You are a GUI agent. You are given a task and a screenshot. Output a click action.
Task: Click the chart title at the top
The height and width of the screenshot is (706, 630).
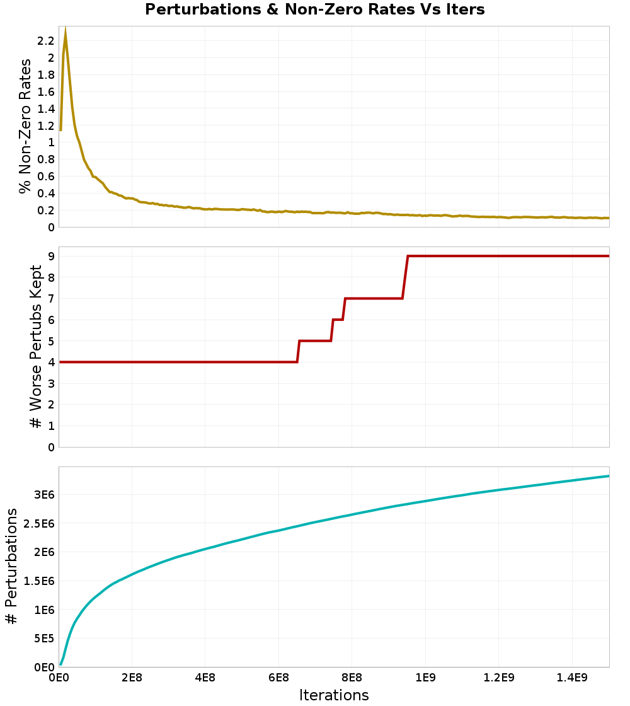[315, 10]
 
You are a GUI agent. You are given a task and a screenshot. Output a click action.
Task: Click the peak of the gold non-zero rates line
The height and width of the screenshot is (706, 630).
[66, 30]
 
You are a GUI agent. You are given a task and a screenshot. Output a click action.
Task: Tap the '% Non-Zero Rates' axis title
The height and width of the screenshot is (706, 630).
[25, 126]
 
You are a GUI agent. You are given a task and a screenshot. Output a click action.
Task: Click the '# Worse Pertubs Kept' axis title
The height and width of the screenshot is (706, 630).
[36, 347]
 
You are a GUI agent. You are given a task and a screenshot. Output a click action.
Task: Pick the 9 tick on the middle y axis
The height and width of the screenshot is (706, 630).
[51, 257]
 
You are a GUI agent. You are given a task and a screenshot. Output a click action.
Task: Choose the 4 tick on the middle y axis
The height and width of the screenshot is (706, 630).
[51, 362]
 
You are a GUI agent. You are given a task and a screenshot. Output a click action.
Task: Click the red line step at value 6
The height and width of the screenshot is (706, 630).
[338, 320]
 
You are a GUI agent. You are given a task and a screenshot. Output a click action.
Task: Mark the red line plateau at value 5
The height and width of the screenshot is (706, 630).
[315, 341]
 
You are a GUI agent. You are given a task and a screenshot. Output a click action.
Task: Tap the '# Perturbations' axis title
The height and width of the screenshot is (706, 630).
[11, 567]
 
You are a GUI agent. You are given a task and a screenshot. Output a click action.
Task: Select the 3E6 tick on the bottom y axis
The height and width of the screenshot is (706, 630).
[43, 494]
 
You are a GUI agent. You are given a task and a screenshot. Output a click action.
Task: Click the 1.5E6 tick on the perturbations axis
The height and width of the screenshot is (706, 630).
[38, 581]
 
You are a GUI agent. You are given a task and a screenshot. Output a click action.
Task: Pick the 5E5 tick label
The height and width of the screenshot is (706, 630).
[43, 639]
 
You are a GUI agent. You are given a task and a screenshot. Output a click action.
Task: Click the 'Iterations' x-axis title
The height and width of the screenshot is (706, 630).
[334, 695]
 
